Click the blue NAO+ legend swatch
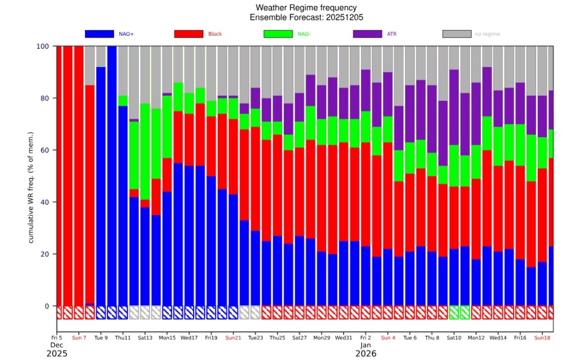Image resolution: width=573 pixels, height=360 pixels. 99,34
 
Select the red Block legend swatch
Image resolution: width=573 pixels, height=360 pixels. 189,34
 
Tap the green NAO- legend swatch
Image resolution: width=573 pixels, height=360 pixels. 278,34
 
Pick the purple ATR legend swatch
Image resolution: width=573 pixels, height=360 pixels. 367,34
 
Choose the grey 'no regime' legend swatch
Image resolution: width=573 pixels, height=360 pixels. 457,34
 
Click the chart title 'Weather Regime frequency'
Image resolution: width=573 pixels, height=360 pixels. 306,8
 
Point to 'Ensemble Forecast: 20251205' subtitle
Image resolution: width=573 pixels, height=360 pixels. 306,17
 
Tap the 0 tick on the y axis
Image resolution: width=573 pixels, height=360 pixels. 48,306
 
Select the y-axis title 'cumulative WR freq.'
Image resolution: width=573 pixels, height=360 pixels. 31,188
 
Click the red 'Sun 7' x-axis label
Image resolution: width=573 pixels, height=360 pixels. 79,338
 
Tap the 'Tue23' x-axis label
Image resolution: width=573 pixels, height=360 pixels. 255,338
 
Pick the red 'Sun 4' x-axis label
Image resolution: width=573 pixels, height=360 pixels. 388,338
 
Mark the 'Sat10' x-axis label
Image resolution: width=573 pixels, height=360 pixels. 454,338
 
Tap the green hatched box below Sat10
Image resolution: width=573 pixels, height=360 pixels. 454,312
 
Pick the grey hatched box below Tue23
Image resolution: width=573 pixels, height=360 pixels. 255,312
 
